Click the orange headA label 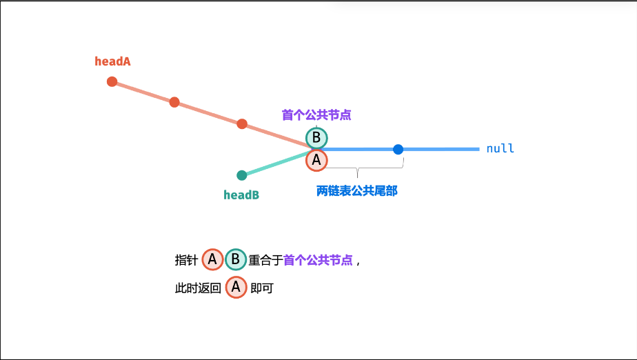112,61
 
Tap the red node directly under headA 112,81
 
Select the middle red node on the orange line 174,102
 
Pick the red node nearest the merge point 242,124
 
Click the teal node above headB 242,175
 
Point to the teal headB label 241,195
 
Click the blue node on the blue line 398,149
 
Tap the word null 501,149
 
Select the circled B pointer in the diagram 316,138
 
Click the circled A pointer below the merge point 316,161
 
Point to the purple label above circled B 316,115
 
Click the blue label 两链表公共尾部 357,191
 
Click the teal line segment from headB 276,163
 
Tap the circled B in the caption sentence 235,259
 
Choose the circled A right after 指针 212,259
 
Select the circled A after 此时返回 236,288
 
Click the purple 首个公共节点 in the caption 318,260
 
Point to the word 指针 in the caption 186,260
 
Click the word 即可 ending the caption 263,288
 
